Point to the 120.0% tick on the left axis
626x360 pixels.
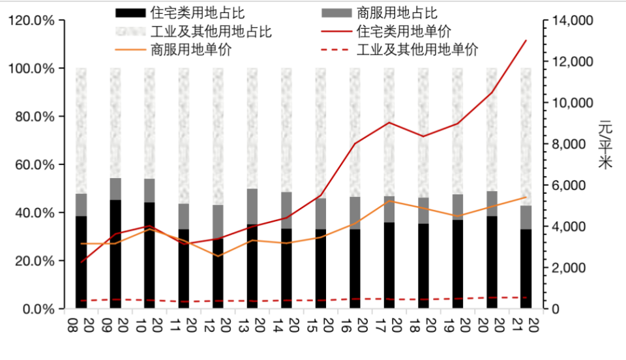pos(32,20)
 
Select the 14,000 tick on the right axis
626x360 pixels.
pos(572,20)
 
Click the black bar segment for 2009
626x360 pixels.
pos(115,254)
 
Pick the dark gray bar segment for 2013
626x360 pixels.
pos(252,207)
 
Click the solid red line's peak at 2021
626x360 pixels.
pos(526,40)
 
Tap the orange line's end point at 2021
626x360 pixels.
pos(526,197)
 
